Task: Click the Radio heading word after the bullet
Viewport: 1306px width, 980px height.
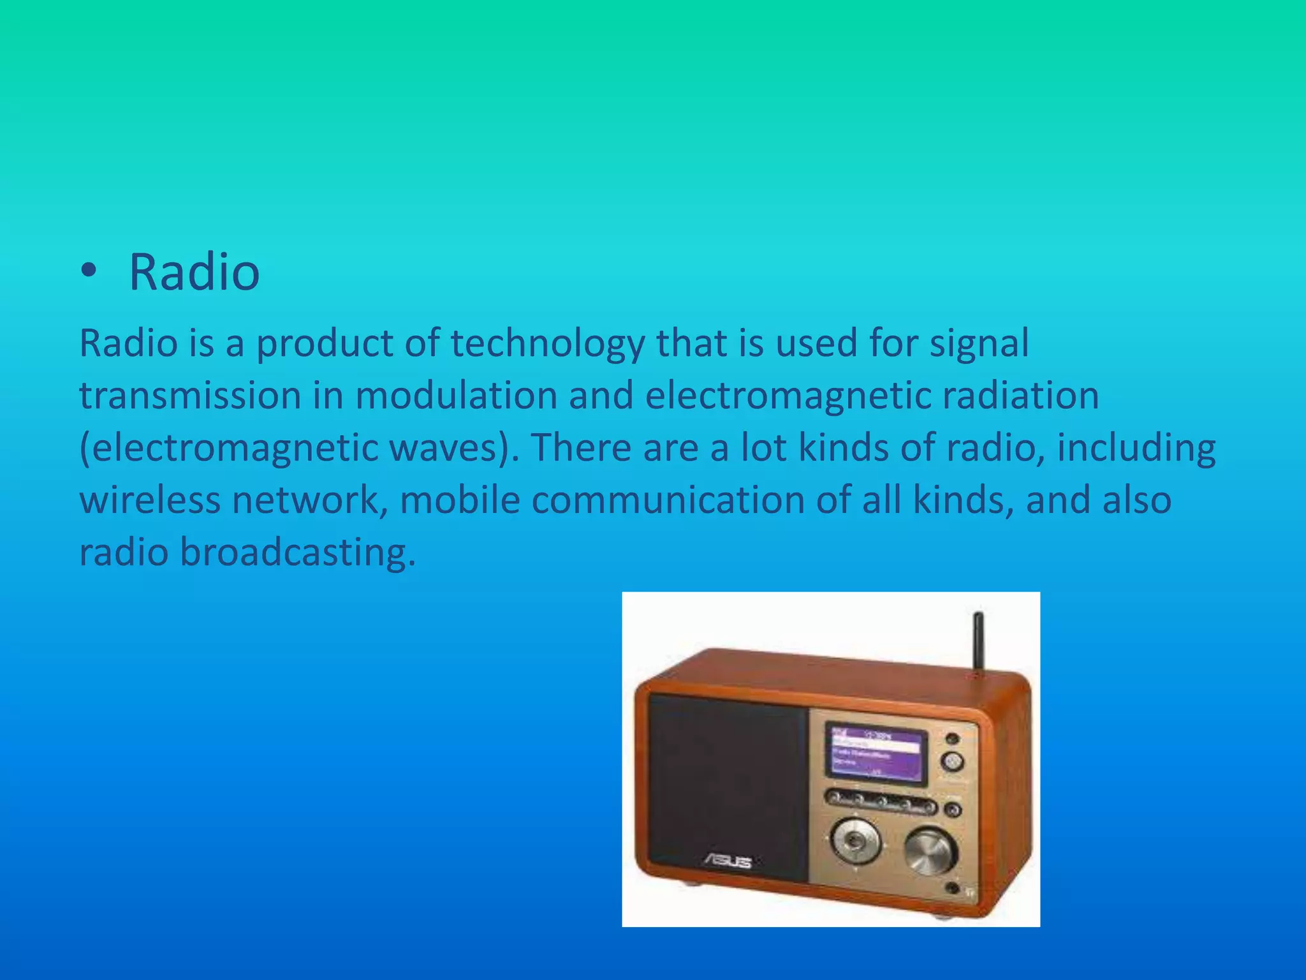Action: click(x=194, y=272)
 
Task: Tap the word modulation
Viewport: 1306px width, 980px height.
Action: click(x=455, y=396)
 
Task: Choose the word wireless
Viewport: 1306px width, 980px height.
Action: click(x=149, y=500)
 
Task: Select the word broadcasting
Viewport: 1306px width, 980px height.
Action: click(x=297, y=552)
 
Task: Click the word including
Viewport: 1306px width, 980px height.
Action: click(x=1136, y=448)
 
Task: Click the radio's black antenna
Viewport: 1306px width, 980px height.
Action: click(x=978, y=641)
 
